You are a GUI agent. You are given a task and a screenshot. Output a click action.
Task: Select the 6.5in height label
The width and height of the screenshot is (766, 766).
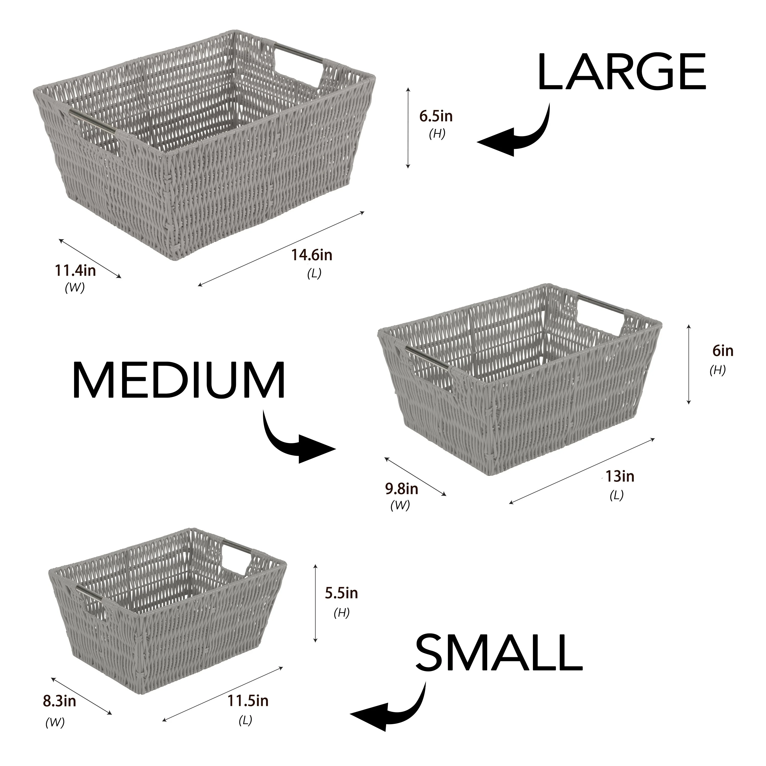pos(436,117)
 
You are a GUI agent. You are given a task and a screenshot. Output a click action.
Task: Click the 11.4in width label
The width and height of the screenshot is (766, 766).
pos(75,271)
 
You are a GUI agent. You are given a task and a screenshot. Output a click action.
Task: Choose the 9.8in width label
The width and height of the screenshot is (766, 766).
pos(402,489)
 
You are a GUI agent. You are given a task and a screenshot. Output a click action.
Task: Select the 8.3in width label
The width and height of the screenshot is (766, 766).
pos(59,701)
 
